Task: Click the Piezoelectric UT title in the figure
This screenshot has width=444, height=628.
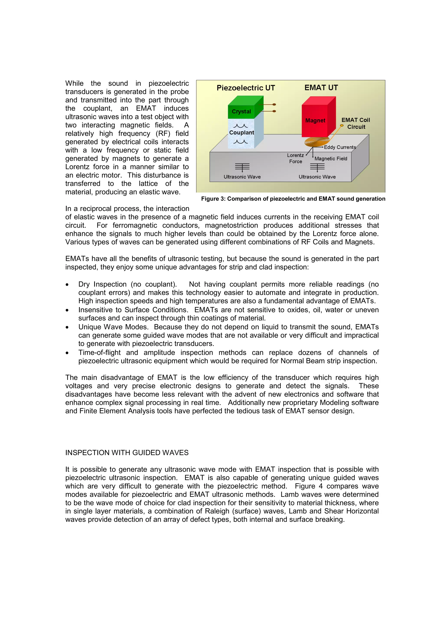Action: coord(245,88)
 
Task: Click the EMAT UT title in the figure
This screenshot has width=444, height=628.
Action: coord(321,88)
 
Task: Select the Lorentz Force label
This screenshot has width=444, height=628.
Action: coord(295,158)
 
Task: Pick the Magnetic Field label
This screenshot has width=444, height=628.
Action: coord(331,159)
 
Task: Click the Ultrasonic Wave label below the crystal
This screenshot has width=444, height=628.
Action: coord(242,177)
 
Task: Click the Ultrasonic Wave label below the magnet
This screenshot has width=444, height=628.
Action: coord(317,177)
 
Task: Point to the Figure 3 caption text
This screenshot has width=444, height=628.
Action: coord(293,199)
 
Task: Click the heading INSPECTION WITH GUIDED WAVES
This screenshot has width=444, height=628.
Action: coord(127,453)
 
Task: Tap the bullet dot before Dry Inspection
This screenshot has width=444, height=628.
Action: coord(67,285)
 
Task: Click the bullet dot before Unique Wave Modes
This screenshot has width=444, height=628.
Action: coord(67,327)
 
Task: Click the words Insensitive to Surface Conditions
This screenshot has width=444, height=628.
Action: coord(133,310)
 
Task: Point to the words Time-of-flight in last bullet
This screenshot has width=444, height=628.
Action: coord(99,353)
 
